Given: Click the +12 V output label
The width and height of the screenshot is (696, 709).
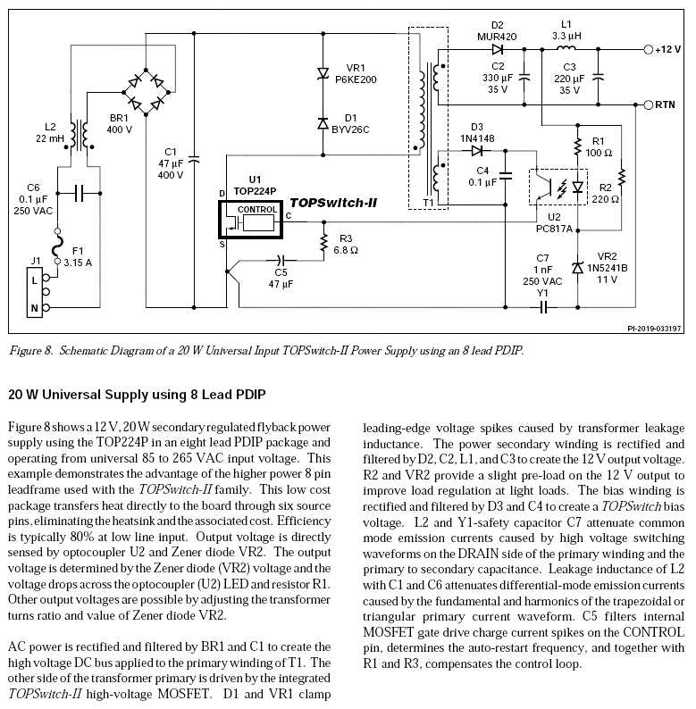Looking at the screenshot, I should tap(667, 50).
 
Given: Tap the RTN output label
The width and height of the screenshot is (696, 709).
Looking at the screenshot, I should tap(665, 104).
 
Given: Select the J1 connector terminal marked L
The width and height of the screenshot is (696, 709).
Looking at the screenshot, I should tap(35, 279).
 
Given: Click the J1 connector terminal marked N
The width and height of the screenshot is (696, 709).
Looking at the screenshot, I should tap(35, 309).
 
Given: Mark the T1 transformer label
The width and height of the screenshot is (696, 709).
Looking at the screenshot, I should tap(428, 204).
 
